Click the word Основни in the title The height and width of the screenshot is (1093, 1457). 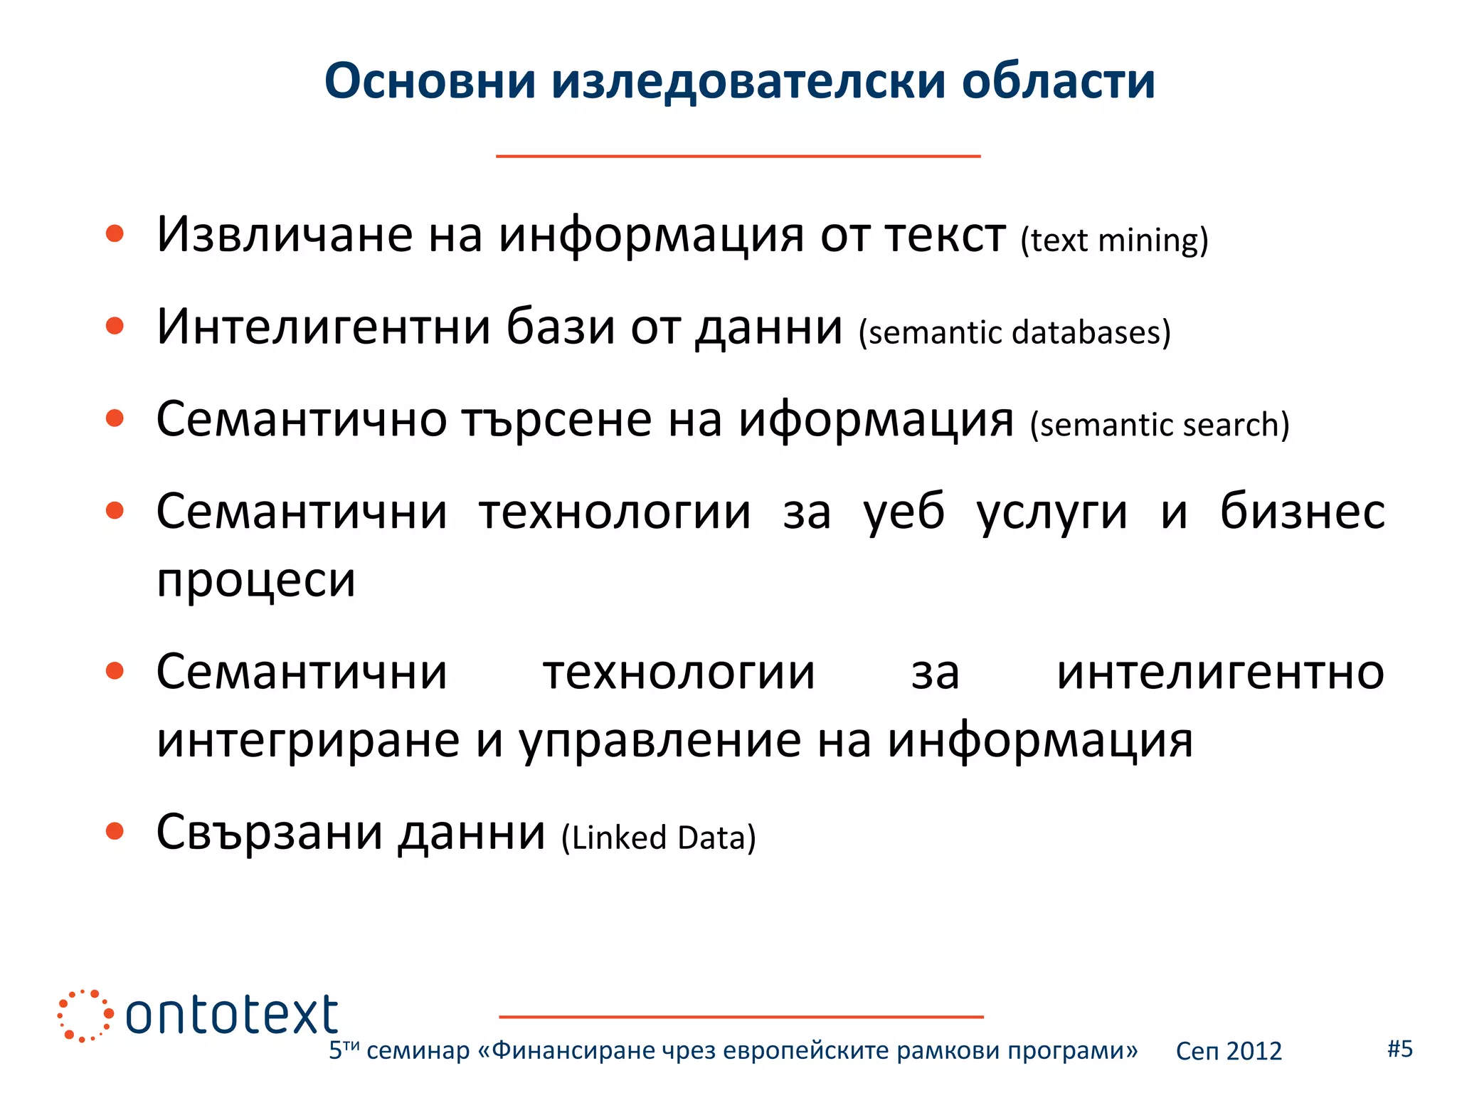(x=430, y=80)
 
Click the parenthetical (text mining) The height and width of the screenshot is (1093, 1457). (x=1114, y=241)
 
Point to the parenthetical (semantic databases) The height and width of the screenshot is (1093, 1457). (x=1014, y=332)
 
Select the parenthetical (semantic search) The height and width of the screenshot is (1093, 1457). (x=1160, y=425)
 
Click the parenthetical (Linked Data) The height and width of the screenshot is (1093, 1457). (x=659, y=838)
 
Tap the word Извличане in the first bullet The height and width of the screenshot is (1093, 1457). (x=285, y=235)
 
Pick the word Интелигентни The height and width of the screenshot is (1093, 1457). (x=324, y=327)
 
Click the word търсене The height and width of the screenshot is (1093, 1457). (x=556, y=420)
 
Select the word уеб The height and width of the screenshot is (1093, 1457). (x=904, y=512)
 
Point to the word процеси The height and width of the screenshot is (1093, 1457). (x=256, y=581)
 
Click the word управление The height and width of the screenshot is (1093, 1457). (x=660, y=741)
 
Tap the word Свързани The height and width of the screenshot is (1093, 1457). (x=270, y=833)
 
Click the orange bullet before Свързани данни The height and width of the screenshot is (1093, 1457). (x=115, y=830)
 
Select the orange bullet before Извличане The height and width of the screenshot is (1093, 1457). (x=115, y=233)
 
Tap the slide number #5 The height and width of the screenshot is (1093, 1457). (x=1400, y=1049)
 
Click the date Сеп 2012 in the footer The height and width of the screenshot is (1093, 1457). (x=1229, y=1051)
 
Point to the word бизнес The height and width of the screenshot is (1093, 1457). (x=1302, y=512)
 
